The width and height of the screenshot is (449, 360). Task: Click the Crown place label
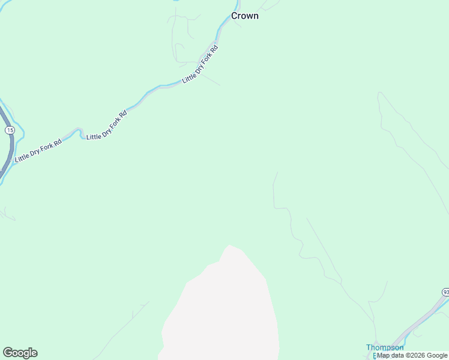point(245,16)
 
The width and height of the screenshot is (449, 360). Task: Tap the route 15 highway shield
point(9,130)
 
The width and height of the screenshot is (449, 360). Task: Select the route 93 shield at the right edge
point(445,292)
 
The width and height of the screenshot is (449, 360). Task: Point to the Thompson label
point(385,347)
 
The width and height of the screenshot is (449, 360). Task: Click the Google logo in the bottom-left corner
point(20,353)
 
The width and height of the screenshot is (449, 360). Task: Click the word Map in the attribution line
point(384,355)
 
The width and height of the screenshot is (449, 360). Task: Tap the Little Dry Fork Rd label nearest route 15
point(38,151)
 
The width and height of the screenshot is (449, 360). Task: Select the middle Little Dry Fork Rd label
point(107,126)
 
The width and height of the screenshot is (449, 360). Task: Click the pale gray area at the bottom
point(222,312)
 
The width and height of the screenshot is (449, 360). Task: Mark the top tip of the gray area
point(228,245)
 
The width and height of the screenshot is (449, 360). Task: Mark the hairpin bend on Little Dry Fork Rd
point(77,130)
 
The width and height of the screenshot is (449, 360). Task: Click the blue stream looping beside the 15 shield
point(20,129)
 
